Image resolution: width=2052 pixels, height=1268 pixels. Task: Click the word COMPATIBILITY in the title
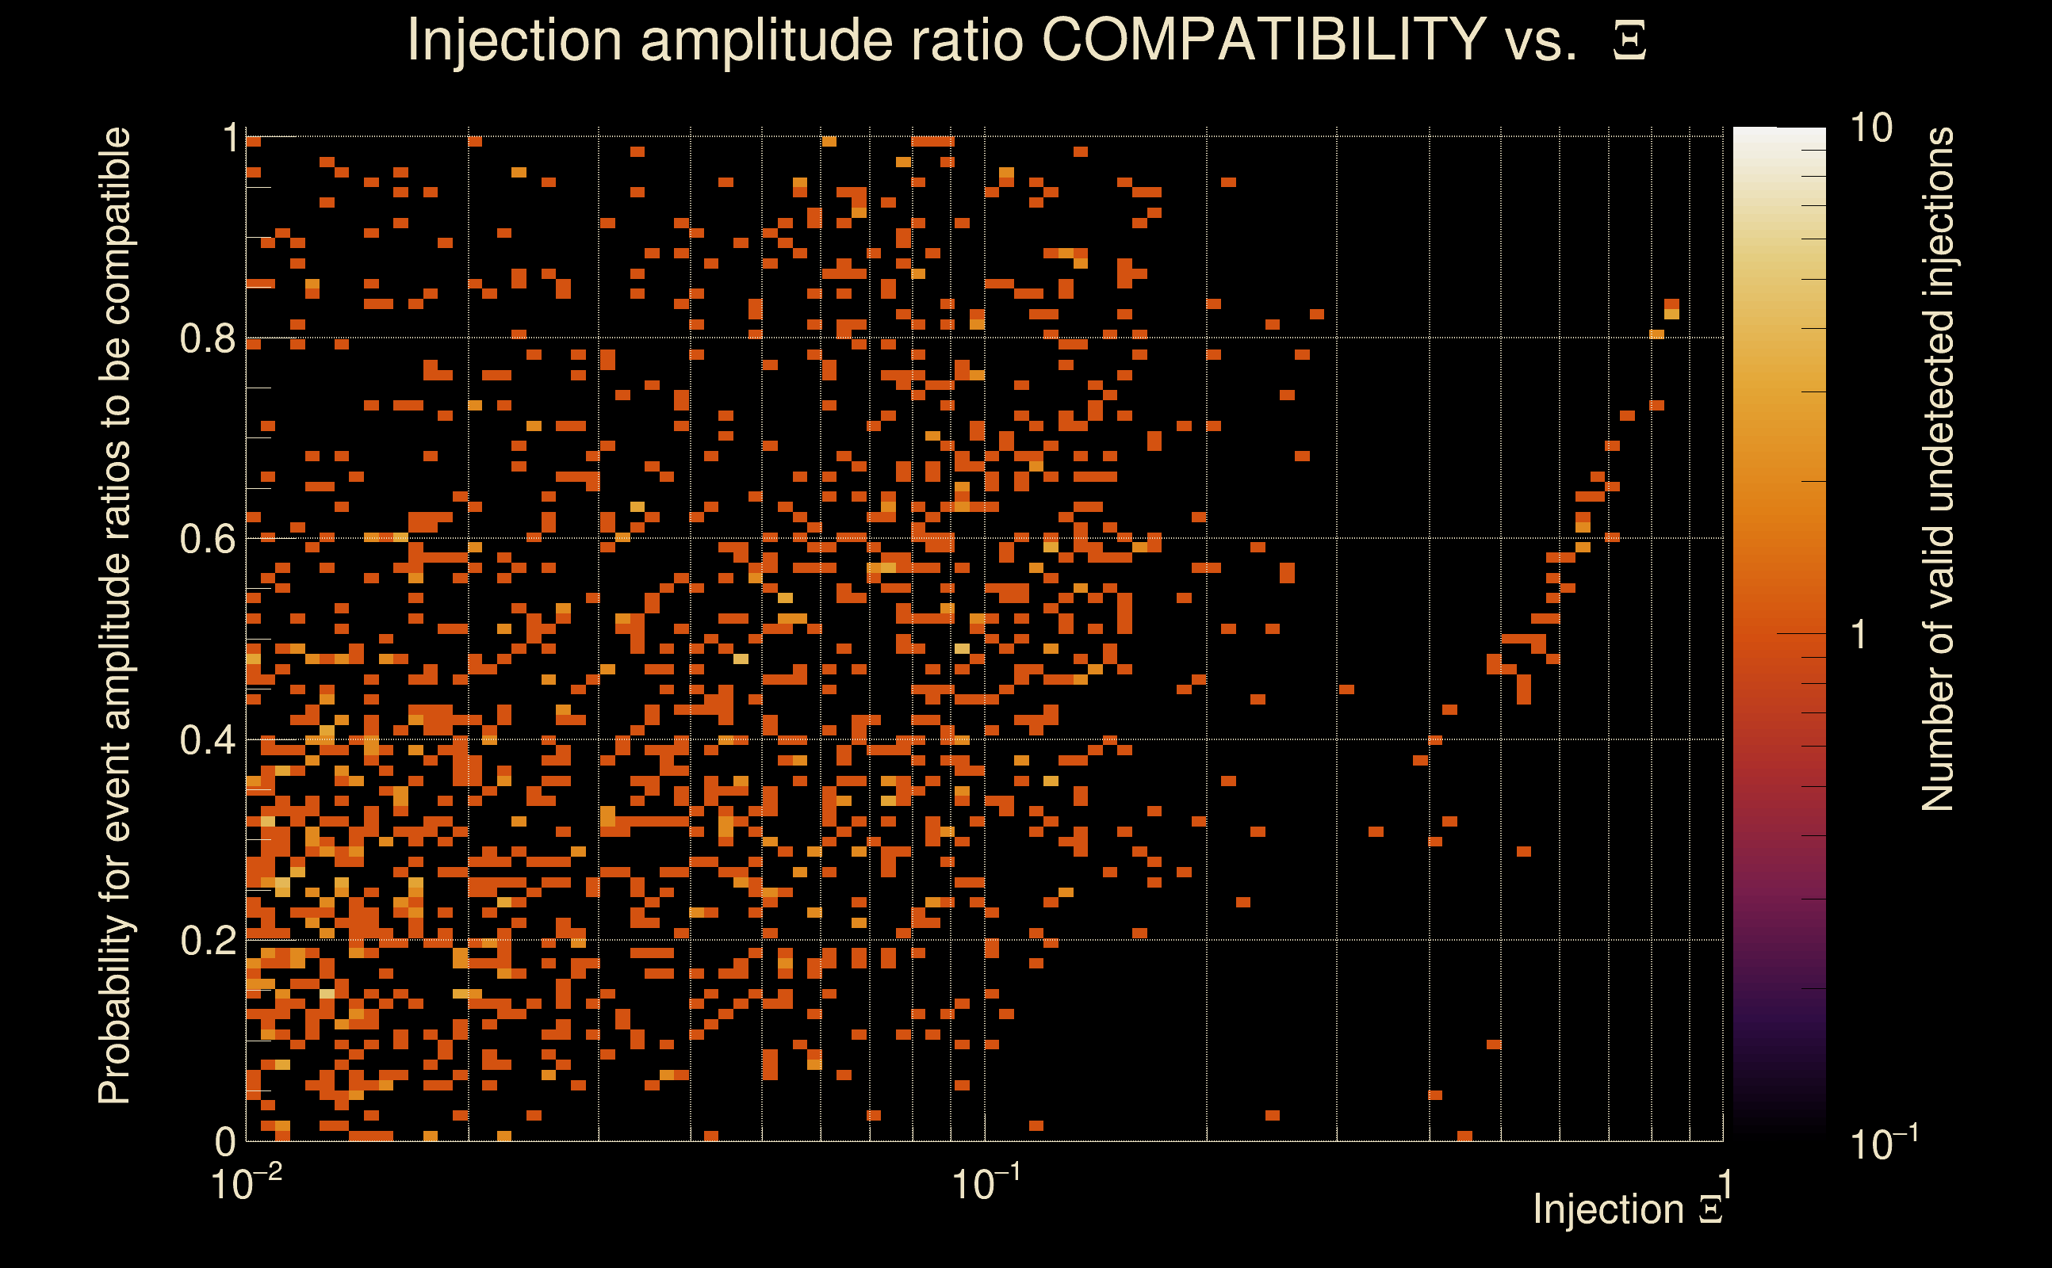1263,40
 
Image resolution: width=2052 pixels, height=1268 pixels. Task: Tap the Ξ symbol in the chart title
1629,41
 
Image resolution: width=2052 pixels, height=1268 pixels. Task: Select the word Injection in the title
514,40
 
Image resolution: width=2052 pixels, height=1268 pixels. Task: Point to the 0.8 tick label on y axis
207,339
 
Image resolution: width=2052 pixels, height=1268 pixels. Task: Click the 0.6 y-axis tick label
207,539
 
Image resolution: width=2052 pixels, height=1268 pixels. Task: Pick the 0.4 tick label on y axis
207,740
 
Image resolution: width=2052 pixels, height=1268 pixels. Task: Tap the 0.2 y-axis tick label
207,941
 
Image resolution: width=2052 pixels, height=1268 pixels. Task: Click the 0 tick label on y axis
225,1141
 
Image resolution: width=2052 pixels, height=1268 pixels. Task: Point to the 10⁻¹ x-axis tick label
985,1184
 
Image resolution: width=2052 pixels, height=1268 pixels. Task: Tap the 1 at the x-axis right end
1725,1184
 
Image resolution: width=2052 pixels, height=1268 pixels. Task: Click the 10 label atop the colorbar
1870,128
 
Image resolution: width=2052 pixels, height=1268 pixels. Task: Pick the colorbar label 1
1859,635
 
